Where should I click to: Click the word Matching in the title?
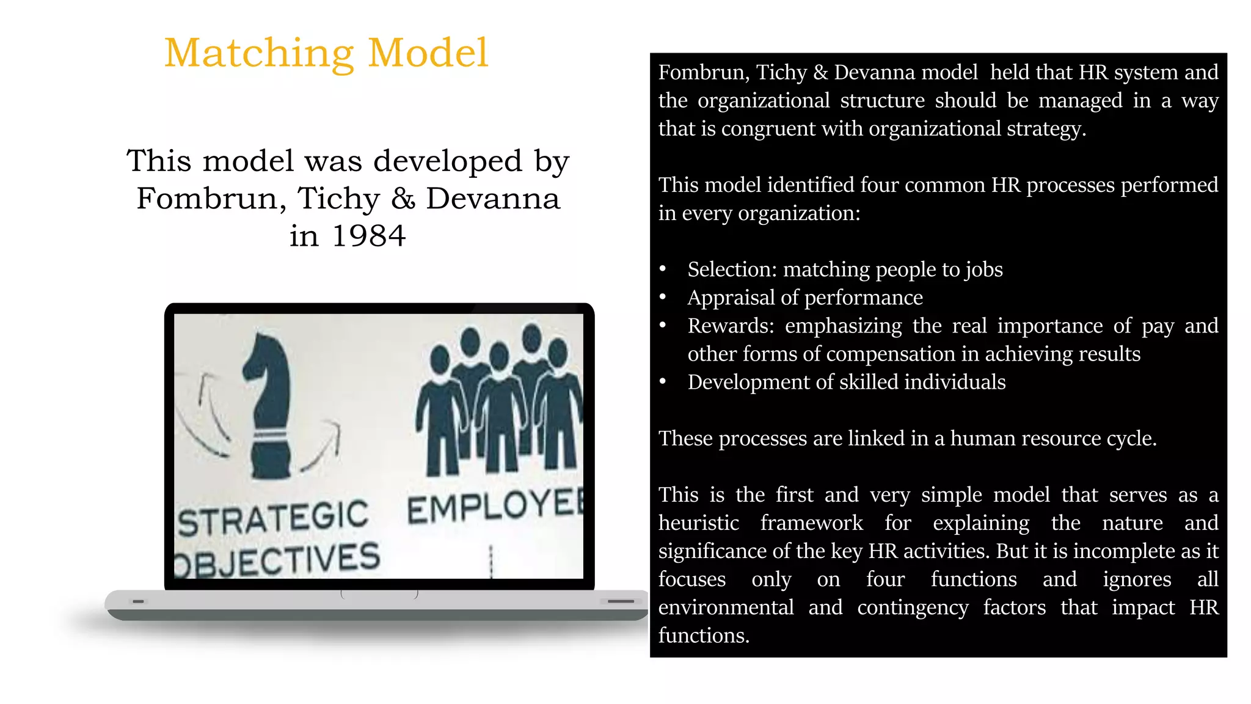pos(259,54)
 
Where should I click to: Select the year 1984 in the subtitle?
pos(369,236)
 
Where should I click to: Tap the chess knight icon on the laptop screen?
pos(269,406)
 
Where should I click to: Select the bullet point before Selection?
pos(663,269)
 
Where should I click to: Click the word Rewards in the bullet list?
pos(728,326)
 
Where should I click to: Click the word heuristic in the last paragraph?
pos(698,523)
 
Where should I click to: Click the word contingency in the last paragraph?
pos(913,607)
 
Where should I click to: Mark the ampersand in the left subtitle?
pos(403,199)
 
